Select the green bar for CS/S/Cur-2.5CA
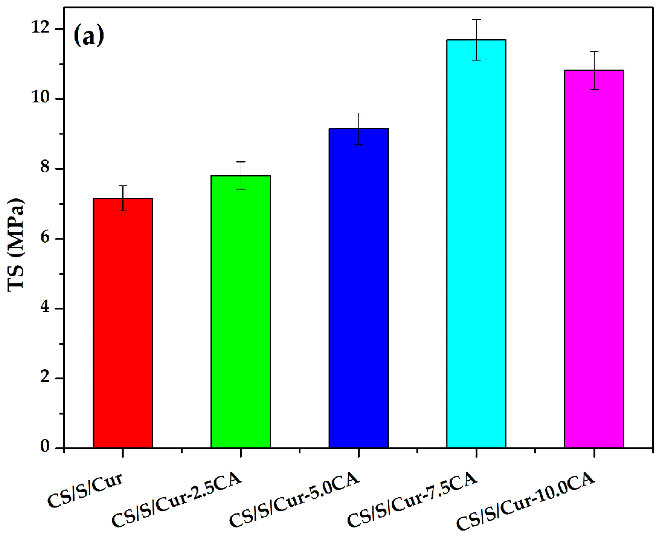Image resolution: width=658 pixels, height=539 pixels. [x=240, y=311]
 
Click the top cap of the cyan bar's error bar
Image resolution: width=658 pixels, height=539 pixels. [x=476, y=20]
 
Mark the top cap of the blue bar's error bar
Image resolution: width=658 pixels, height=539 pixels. [x=358, y=113]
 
